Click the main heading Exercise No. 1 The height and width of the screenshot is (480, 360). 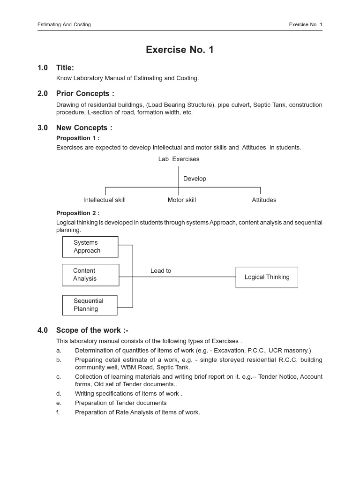(180, 50)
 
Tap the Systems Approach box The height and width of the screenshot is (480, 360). (90, 247)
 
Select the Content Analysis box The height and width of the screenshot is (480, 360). (90, 275)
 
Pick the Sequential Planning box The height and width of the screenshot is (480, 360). (90, 305)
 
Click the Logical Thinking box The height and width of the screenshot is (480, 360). (267, 277)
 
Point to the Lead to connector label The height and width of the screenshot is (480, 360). (161, 271)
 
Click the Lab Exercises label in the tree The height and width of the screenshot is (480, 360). (179, 159)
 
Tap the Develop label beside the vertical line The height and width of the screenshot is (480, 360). (195, 179)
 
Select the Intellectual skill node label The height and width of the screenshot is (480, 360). (105, 200)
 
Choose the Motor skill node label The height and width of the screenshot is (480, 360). (182, 200)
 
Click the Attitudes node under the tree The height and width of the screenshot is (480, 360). (264, 200)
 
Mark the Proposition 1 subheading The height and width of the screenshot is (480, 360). (78, 138)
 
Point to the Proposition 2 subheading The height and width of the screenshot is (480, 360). (78, 213)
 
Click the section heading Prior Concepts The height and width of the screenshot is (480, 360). (85, 94)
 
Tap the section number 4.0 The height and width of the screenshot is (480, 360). (43, 330)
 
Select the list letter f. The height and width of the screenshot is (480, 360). (58, 412)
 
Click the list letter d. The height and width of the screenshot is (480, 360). (59, 394)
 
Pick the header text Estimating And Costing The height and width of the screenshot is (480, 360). (64, 24)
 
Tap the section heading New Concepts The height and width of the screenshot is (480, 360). (84, 128)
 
